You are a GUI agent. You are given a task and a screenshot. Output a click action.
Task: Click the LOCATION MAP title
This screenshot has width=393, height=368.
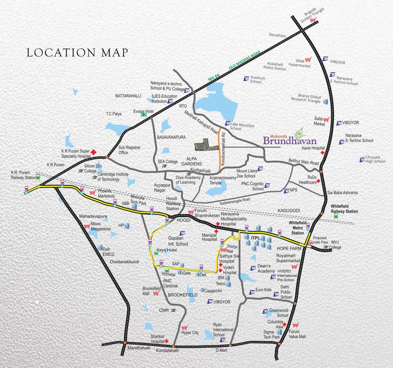coord(77,52)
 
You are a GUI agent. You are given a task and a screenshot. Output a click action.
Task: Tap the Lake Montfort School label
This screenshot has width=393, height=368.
coord(243,126)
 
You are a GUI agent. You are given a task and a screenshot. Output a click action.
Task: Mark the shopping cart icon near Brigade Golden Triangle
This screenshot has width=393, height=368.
coord(313,21)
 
